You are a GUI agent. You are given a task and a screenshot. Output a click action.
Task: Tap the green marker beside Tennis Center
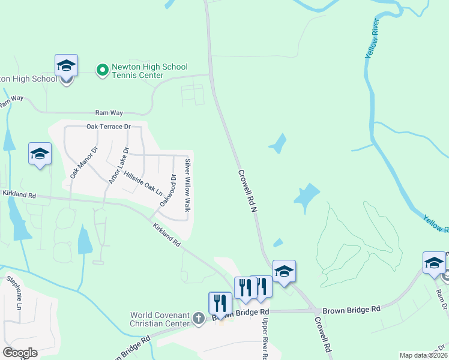pos(102,71)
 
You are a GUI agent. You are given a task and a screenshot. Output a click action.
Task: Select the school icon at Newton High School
pos(66,66)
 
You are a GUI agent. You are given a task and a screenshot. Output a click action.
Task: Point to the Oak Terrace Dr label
pos(108,127)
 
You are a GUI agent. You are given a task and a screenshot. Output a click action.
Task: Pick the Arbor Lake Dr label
pos(118,165)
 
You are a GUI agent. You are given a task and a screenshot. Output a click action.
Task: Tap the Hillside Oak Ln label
pos(143,183)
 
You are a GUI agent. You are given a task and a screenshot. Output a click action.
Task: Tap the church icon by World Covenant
pos(199,319)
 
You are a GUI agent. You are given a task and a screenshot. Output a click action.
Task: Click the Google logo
pos(20,353)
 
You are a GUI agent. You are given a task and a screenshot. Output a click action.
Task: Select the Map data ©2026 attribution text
pos(423,355)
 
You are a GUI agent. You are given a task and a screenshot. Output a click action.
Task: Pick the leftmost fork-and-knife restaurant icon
pos(219,303)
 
